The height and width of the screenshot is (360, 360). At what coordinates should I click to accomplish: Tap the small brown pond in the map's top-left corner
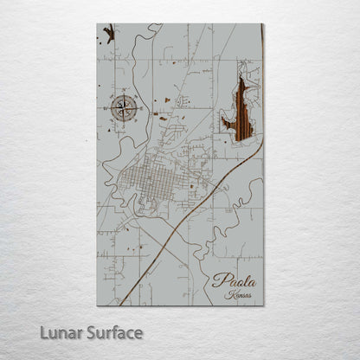pyautogui.click(x=108, y=34)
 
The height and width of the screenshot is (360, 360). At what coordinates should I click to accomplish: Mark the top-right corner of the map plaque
pyautogui.click(x=263, y=24)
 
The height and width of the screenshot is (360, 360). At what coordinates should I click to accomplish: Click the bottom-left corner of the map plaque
pyautogui.click(x=97, y=305)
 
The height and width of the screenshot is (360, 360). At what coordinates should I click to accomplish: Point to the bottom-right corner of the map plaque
pyautogui.click(x=263, y=305)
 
